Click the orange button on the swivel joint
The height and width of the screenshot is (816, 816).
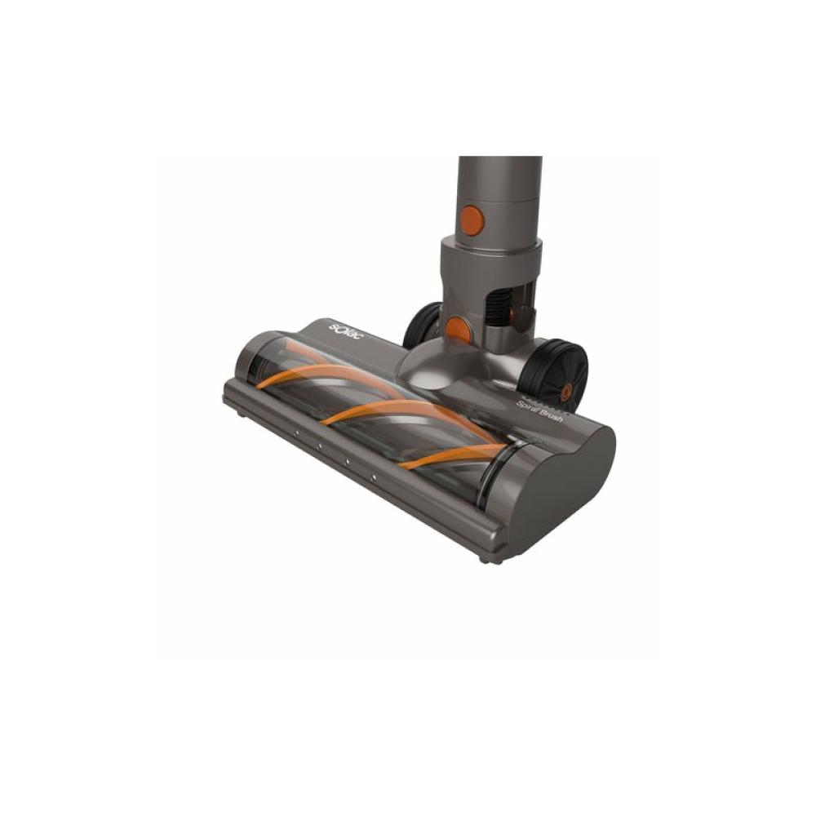459,330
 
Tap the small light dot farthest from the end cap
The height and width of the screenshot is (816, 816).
295,432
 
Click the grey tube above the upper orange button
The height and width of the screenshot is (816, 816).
499,184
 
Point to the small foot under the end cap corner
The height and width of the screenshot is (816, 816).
487,559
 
